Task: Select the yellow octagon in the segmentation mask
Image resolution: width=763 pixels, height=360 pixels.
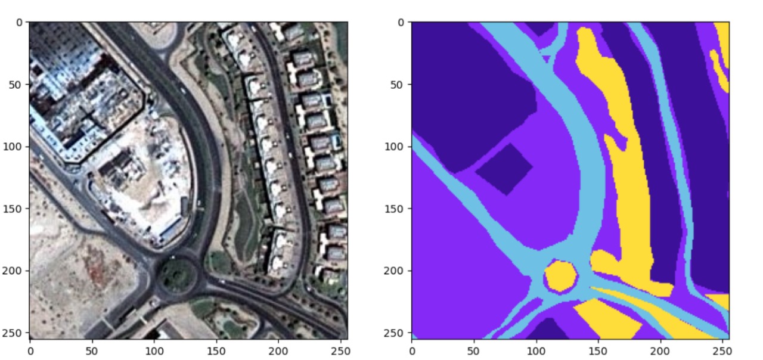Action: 560,276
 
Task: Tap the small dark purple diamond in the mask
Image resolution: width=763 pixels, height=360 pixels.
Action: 504,169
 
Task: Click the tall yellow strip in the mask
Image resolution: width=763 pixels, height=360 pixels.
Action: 626,179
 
